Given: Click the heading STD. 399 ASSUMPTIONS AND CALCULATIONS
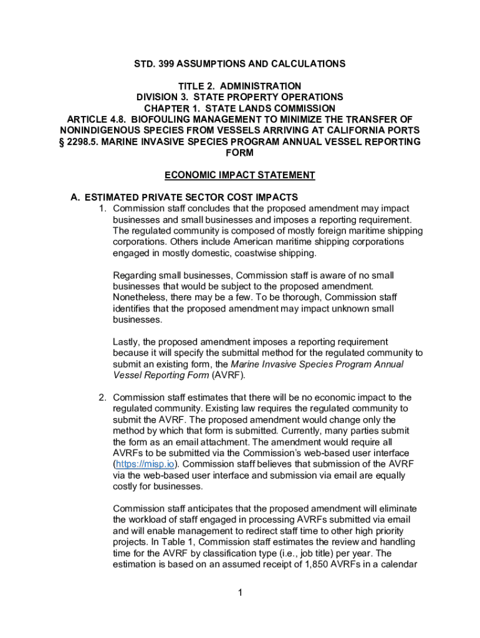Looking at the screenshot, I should point(240,64).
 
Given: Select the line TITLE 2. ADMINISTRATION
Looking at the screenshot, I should point(240,86).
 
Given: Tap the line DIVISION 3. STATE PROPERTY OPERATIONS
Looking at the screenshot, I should point(240,97).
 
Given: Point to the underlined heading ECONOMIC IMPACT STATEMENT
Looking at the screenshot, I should point(240,175).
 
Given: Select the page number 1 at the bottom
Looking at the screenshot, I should point(239,593).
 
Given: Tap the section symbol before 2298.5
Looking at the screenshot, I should point(62,142).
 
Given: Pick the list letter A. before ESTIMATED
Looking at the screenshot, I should point(75,198).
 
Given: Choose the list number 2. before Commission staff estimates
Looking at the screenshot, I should point(103,398).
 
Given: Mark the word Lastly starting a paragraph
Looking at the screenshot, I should point(127,341).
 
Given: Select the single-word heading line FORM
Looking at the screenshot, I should point(240,153).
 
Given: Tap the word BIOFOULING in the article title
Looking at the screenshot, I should point(158,120).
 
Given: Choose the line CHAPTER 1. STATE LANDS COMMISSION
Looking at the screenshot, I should point(240,108).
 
